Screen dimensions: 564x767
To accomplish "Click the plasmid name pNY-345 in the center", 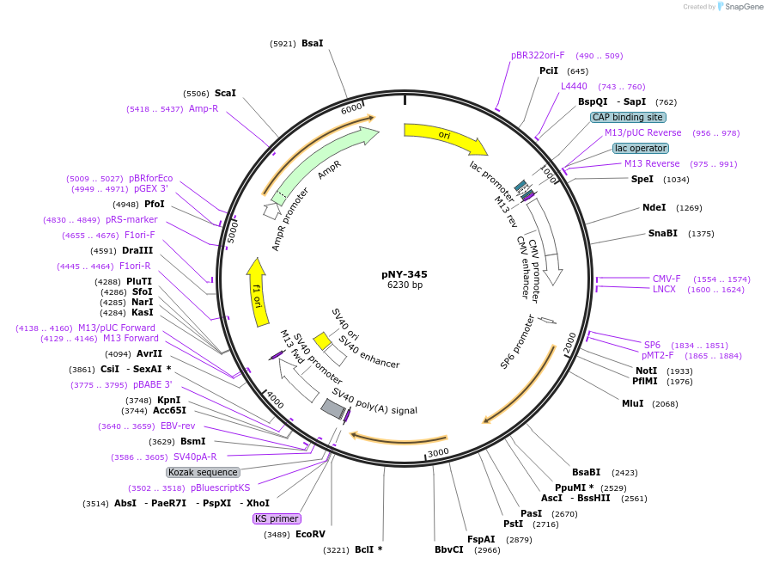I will pos(405,274).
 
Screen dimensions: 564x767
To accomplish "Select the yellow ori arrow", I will pos(442,135).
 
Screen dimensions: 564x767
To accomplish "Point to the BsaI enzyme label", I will pos(313,43).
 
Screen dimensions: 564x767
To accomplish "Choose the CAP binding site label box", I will pos(628,117).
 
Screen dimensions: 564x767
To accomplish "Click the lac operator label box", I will pos(641,148).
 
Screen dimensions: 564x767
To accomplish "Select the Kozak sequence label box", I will pos(204,472).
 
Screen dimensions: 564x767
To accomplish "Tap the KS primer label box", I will pos(277,518).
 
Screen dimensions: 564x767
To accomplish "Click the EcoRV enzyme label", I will pos(310,534).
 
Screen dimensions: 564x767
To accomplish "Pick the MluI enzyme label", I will pos(632,403).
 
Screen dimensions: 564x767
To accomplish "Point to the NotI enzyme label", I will pos(647,371).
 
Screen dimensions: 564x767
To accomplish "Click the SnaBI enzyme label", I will pos(663,233).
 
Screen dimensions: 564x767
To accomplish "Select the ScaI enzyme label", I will pos(225,93).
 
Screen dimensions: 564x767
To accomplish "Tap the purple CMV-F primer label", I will pos(667,279).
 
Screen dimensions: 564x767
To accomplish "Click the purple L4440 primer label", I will pos(574,86).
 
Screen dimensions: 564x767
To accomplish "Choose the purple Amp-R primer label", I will pos(204,108).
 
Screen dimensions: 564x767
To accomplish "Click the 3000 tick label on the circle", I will pos(438,452).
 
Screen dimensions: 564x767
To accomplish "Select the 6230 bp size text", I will pos(405,285).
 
